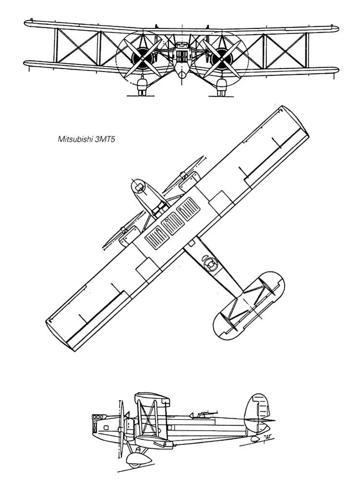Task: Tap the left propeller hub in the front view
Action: [x=143, y=58]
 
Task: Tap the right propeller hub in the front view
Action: [x=222, y=58]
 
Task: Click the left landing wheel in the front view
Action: [x=142, y=87]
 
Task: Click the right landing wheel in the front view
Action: [x=221, y=87]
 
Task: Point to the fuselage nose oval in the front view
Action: [x=182, y=75]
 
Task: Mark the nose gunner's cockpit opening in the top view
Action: [x=139, y=187]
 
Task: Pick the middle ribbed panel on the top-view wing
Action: [x=173, y=224]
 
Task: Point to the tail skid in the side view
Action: [x=254, y=439]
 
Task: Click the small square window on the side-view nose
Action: [x=106, y=427]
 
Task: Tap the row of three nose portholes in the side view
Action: [x=97, y=417]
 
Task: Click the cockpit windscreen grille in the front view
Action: [x=182, y=56]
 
